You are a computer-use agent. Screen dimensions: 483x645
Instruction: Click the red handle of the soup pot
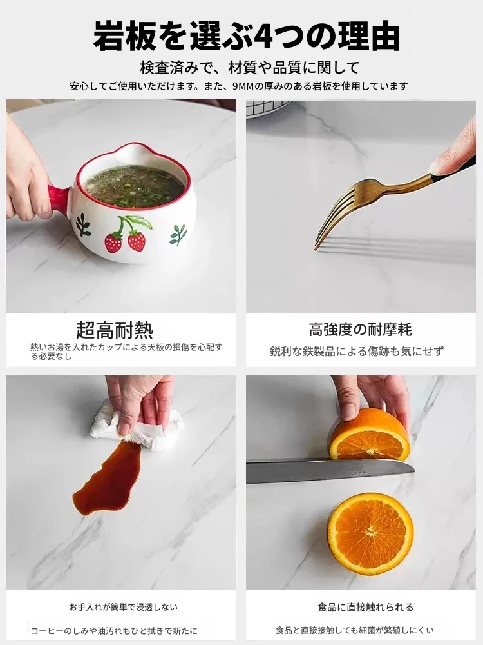coord(59,198)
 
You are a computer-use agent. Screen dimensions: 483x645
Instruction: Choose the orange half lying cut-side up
coord(370,533)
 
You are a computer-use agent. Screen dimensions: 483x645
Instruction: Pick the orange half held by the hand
coord(370,435)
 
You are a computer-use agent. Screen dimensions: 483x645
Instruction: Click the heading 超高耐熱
coord(115,330)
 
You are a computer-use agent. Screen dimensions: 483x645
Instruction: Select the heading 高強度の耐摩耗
coord(360,330)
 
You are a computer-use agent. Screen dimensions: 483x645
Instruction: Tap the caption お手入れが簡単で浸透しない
coord(123,607)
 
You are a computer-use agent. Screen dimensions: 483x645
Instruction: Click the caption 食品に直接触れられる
coord(366,607)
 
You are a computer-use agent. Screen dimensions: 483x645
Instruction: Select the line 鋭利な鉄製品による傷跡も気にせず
coord(357,352)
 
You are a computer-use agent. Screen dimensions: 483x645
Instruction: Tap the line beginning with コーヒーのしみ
coord(114,631)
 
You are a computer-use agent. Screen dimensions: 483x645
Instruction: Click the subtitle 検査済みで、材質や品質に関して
coord(250,68)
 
